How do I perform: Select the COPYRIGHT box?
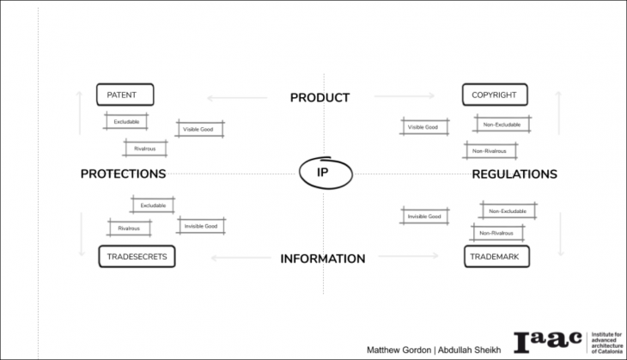point(494,95)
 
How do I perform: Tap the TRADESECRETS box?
point(137,256)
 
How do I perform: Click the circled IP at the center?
point(323,173)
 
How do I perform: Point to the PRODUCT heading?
point(320,97)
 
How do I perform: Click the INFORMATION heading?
point(323,258)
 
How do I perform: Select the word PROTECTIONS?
point(123,174)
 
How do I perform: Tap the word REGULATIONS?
point(514,174)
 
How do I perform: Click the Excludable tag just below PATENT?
point(126,121)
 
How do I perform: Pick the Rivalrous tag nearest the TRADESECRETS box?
point(129,228)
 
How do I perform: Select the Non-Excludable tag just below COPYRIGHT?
point(502,124)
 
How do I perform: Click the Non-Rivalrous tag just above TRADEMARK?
point(496,233)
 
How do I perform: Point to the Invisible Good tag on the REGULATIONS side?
point(424,217)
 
